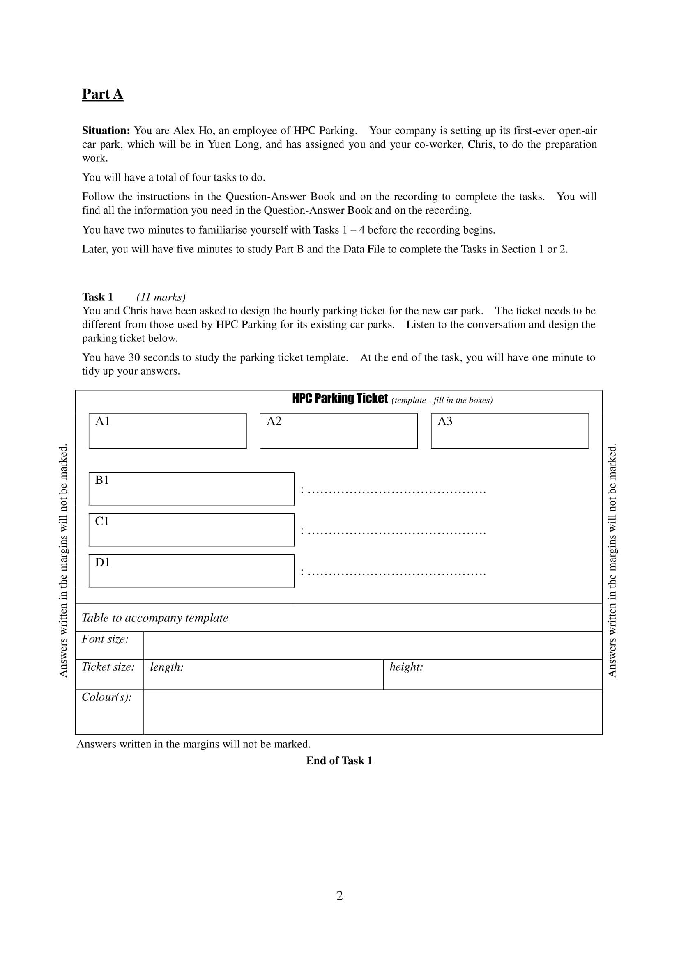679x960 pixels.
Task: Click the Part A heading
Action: pos(103,94)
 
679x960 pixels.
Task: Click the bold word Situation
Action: pos(106,131)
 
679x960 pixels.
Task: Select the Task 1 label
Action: pos(97,297)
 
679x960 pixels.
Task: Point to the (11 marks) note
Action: pos(161,297)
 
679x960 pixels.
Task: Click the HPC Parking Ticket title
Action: pos(340,399)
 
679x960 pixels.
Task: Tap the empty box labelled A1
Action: pos(167,431)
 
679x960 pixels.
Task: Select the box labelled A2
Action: pos(338,431)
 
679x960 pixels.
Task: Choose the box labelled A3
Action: pos(510,431)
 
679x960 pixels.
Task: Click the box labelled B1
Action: pos(191,489)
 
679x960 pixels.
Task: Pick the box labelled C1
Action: pos(191,530)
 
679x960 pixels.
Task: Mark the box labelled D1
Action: pos(191,571)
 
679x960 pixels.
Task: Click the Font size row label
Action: pos(105,639)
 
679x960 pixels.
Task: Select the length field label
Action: pos(166,667)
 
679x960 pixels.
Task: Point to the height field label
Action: pos(406,667)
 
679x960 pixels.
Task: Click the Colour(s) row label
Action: pos(107,697)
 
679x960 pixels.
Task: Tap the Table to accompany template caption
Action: pos(155,618)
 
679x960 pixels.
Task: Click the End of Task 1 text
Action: pos(339,761)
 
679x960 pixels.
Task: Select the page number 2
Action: pos(339,896)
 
